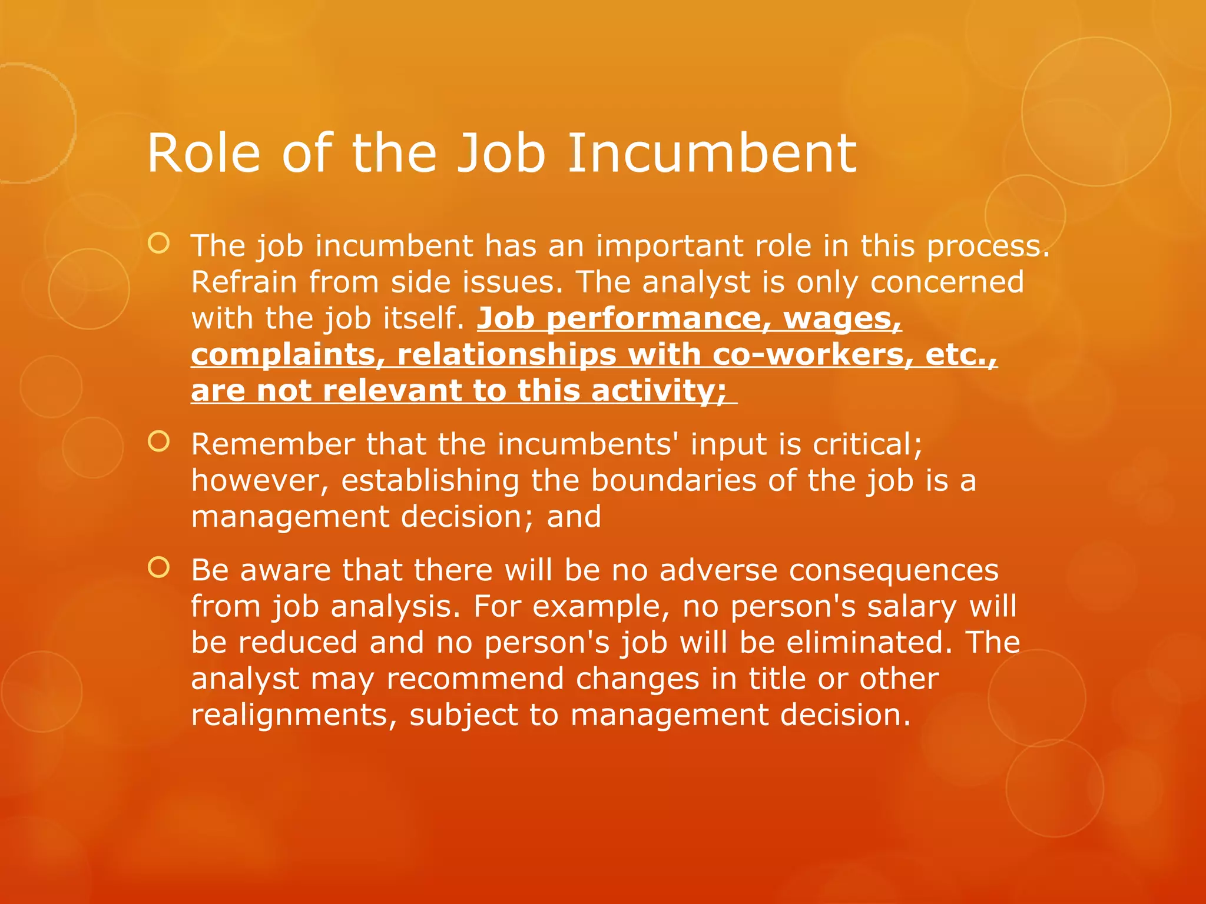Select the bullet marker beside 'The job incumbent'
(159, 244)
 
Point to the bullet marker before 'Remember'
(159, 442)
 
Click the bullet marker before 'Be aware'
(159, 568)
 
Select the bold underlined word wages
(842, 318)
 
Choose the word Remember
(273, 444)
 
